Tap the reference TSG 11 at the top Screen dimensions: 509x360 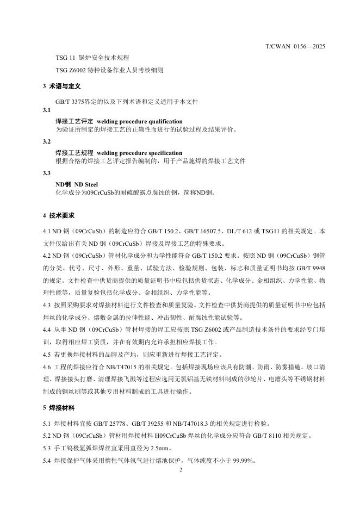click(x=66, y=58)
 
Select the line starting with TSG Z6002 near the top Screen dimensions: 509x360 click(x=109, y=70)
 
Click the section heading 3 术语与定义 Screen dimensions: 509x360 click(x=62, y=86)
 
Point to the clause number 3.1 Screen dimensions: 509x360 click(x=46, y=110)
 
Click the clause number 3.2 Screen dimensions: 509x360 click(x=46, y=141)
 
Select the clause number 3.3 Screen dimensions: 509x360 click(x=46, y=173)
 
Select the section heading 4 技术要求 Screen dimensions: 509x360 click(x=58, y=215)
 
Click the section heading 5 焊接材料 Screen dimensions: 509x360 click(x=58, y=407)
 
